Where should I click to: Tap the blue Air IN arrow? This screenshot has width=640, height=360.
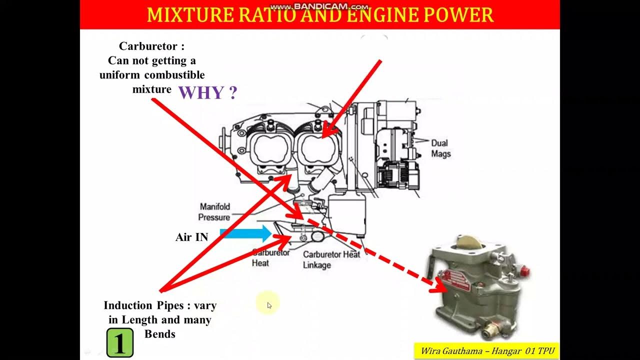tap(245, 233)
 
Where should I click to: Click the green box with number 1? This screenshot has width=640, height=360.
tap(120, 342)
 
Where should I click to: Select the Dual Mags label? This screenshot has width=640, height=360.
tap(440, 148)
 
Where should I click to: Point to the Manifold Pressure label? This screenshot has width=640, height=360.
tap(214, 212)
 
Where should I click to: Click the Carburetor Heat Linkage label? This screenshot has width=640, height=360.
tap(331, 259)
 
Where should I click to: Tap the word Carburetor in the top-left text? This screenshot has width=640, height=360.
tap(148, 46)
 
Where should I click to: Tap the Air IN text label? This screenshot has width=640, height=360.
tap(191, 237)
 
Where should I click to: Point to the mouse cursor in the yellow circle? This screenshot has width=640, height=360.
tap(269, 305)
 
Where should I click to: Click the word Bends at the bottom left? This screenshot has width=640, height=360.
tap(160, 334)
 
